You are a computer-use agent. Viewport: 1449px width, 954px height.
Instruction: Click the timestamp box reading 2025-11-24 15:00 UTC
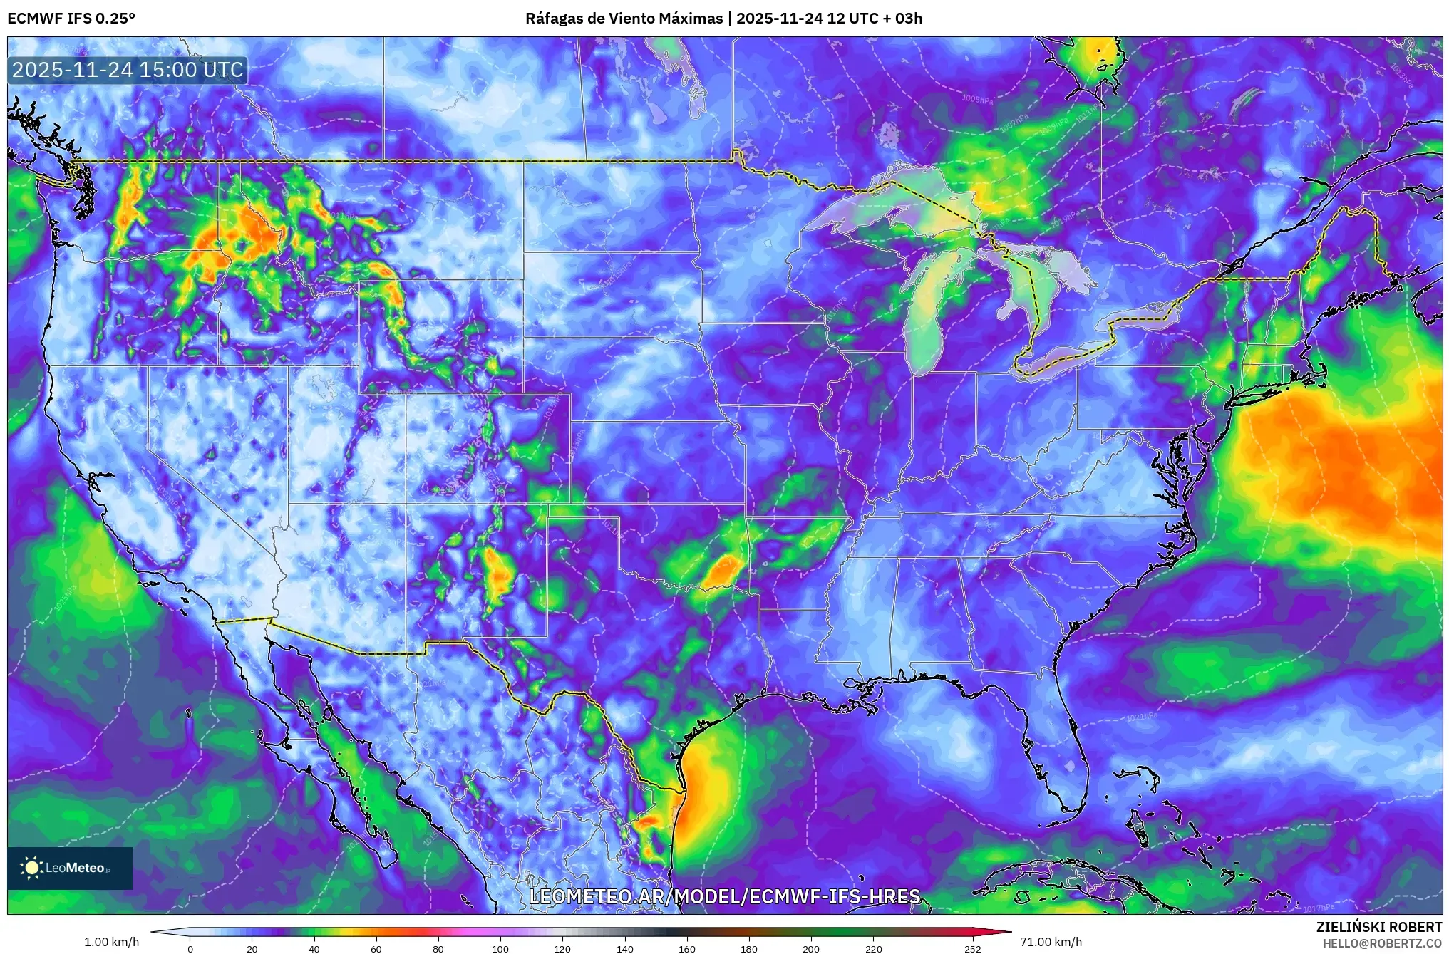(128, 70)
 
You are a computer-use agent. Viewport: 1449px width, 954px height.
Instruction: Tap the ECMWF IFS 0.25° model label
(71, 19)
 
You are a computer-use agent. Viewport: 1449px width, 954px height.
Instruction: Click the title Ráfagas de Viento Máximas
(624, 19)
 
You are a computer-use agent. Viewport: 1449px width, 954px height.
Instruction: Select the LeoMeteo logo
(70, 868)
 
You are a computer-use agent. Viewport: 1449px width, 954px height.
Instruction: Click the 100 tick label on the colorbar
(500, 949)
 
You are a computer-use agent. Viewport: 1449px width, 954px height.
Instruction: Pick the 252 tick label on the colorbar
(973, 949)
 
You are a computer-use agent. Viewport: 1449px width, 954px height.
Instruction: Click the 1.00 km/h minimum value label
(112, 942)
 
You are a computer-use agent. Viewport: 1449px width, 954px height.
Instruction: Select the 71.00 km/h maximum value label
(1051, 942)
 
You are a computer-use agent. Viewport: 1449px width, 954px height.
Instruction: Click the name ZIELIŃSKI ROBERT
(1378, 927)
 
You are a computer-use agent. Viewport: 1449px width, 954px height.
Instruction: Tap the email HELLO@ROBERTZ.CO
(1382, 943)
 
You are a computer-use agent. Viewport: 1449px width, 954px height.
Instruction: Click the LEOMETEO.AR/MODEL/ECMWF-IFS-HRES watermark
(725, 896)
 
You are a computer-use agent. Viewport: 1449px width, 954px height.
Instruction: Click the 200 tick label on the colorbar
(811, 949)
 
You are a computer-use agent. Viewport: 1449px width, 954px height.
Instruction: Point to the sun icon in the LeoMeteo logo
(32, 868)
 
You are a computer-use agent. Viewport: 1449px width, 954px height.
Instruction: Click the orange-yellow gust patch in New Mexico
(497, 574)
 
